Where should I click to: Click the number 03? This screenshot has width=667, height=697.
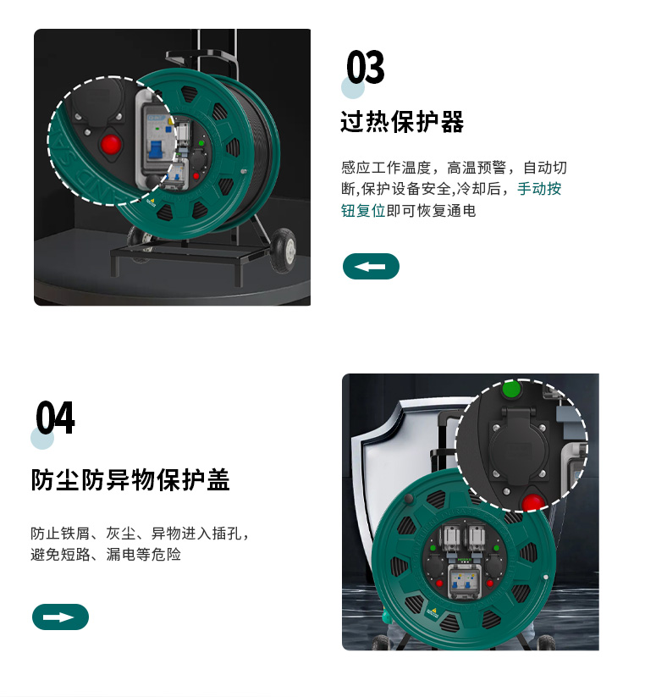click(x=366, y=67)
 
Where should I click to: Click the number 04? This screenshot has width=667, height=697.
click(x=55, y=418)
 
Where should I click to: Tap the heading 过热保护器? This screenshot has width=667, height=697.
click(x=402, y=122)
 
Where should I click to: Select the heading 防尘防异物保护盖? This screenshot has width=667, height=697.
click(x=130, y=480)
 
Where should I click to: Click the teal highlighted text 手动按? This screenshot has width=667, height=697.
click(x=539, y=189)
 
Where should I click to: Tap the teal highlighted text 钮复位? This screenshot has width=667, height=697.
click(x=363, y=211)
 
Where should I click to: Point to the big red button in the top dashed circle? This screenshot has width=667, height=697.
click(x=111, y=144)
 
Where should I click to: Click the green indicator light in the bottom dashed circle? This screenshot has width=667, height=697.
click(x=511, y=389)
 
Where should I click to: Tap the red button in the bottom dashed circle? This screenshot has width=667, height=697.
click(x=533, y=502)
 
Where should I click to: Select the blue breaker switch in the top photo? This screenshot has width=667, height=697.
click(x=156, y=149)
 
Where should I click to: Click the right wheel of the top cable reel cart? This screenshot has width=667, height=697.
click(x=284, y=251)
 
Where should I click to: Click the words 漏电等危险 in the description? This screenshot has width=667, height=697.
click(x=144, y=555)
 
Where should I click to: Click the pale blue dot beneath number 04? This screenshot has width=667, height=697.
click(x=42, y=439)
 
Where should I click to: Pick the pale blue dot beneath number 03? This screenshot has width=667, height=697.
click(x=353, y=87)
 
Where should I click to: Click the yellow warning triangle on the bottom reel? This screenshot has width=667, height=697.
click(x=434, y=611)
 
